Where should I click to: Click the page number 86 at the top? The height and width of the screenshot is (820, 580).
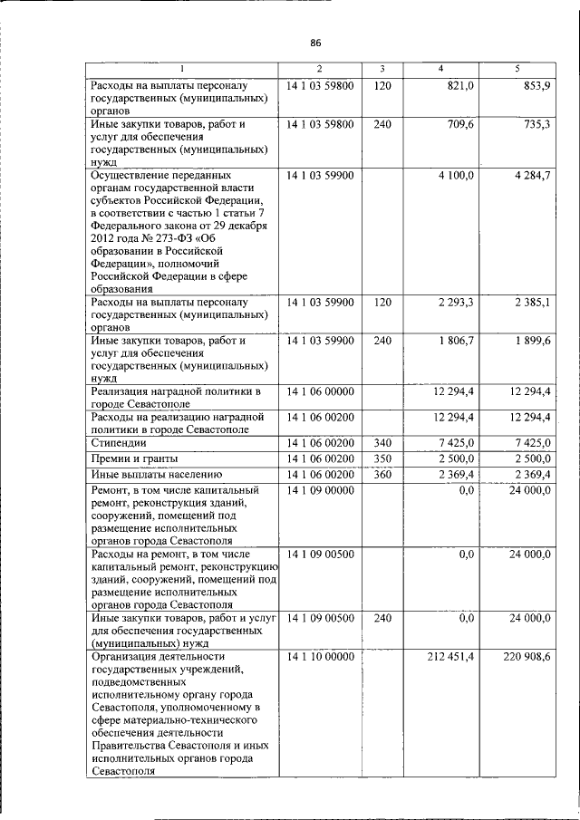[316, 43]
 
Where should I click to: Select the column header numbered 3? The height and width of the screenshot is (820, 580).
[382, 70]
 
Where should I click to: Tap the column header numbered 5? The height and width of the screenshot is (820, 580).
[517, 70]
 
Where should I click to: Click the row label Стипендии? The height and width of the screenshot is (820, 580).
[118, 442]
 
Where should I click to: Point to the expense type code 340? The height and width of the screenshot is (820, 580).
[382, 442]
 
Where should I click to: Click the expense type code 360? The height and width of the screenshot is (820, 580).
[382, 474]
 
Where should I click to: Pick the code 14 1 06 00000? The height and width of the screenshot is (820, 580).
[320, 391]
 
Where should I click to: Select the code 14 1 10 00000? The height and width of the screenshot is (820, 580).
[320, 656]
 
